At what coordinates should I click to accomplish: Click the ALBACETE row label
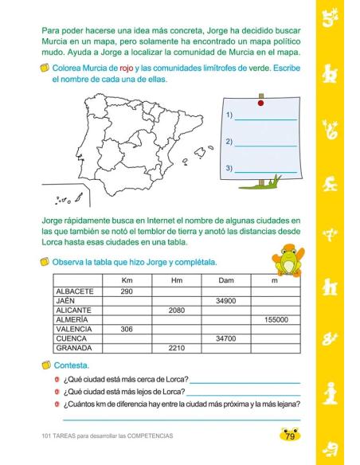[76, 291]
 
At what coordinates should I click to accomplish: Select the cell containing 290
[126, 291]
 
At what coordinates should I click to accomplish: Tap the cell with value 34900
[225, 301]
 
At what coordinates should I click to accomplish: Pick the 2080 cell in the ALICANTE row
[176, 311]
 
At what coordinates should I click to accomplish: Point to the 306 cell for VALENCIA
[126, 329]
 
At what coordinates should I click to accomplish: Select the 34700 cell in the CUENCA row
[225, 338]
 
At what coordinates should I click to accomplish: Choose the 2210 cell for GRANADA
[176, 348]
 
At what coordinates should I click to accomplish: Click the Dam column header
[225, 281]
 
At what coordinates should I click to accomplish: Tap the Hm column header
[176, 281]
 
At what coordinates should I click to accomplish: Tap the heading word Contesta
[72, 365]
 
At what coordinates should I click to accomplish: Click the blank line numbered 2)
[266, 144]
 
